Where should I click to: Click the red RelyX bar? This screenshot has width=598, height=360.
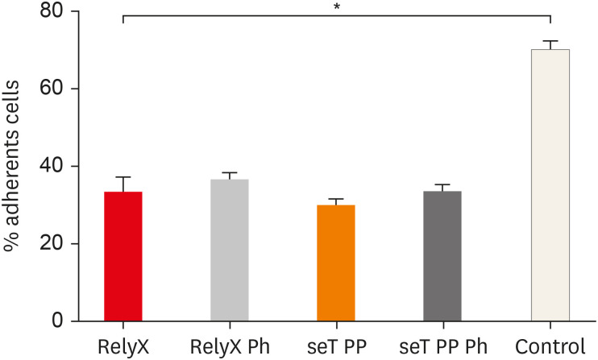(x=123, y=256)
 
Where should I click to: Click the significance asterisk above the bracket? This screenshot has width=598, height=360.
(x=336, y=7)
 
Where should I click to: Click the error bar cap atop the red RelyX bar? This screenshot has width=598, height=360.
(x=123, y=177)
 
